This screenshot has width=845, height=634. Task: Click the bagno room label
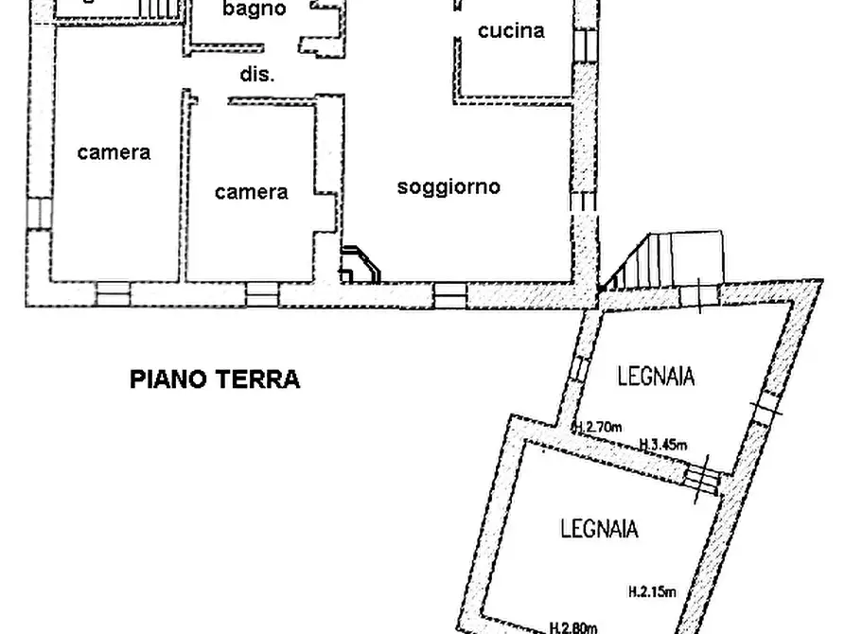254,9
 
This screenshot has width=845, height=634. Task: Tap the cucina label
511,31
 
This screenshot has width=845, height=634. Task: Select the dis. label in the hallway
257,76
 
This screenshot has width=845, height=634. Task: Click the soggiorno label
449,186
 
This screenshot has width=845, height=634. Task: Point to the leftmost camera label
114,152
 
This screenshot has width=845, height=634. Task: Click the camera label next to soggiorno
252,193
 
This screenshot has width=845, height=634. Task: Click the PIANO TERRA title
215,380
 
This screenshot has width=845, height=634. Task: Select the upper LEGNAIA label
656,377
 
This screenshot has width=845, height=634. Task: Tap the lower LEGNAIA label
597,528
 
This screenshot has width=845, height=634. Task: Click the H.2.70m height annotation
598,429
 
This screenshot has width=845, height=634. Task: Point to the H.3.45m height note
662,445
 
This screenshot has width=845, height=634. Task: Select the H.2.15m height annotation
652,593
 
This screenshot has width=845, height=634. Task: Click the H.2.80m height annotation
573,625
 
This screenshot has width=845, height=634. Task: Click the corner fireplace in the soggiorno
361,264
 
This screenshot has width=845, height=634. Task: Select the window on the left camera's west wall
39,212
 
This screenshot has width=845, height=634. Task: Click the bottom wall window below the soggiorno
450,296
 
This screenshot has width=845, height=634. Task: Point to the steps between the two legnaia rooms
702,477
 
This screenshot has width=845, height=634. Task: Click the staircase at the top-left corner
158,8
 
